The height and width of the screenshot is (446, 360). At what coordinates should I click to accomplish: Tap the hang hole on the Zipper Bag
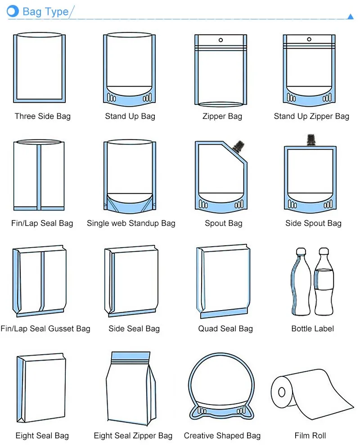(220, 40)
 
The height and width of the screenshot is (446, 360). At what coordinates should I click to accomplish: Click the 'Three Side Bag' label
(42, 116)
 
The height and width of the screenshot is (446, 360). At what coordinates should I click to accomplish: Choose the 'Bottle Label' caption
(312, 329)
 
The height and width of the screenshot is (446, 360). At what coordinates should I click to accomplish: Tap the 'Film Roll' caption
(310, 436)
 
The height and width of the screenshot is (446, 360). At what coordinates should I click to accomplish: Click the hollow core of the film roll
(282, 393)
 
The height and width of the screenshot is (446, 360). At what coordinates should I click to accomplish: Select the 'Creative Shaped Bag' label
(222, 436)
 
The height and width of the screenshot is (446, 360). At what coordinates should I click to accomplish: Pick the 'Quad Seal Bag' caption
(225, 329)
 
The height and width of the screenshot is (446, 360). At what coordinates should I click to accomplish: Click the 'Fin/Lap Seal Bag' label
(42, 223)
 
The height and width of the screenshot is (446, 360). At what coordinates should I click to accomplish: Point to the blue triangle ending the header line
(351, 17)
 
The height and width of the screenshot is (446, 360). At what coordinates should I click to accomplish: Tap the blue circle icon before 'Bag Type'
(13, 11)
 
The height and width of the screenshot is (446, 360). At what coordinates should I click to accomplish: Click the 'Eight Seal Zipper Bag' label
(133, 436)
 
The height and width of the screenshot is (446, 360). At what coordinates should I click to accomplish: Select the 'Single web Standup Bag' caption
(131, 223)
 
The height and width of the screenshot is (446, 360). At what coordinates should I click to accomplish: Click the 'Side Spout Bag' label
(313, 223)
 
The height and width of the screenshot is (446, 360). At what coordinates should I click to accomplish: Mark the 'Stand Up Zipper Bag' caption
(311, 116)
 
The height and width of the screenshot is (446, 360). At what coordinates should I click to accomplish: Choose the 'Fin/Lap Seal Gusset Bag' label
(45, 329)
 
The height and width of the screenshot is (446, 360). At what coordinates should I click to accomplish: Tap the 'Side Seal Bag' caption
(134, 329)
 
